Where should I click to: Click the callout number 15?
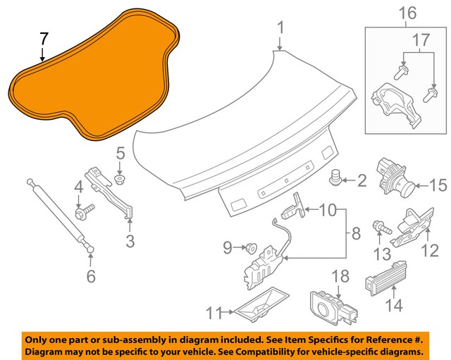(x=438, y=186)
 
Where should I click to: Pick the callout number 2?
(x=362, y=182)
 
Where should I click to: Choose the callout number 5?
(x=120, y=151)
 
